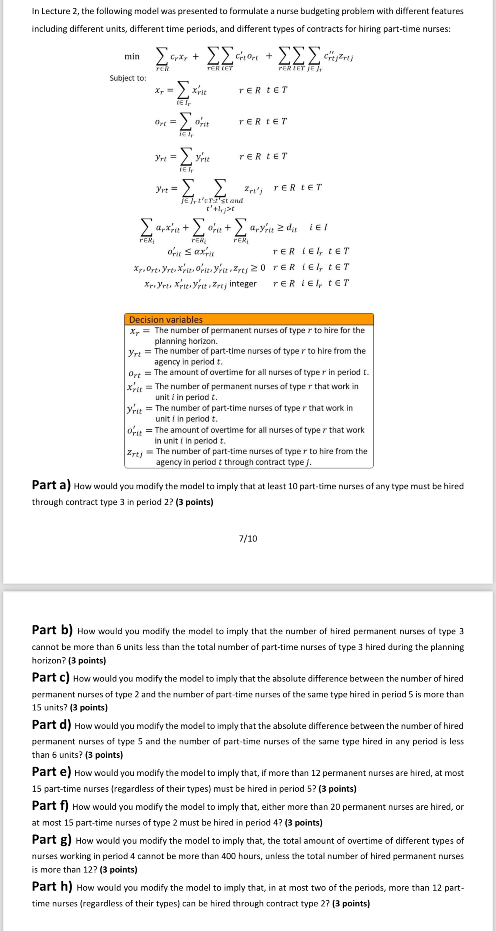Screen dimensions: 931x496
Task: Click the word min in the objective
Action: [132, 56]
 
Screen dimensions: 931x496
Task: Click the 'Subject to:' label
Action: [128, 78]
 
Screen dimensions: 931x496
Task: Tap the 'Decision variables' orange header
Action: [166, 320]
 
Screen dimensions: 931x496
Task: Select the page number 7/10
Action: [248, 538]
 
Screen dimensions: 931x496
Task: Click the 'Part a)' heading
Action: [51, 485]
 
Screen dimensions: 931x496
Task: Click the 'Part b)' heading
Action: [52, 630]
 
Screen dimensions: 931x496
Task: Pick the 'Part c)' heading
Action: [50, 678]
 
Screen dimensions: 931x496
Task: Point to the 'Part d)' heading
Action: [52, 725]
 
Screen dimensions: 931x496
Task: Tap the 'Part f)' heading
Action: [50, 806]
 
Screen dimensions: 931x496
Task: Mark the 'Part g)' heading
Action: [52, 840]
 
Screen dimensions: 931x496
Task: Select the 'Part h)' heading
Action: [52, 887]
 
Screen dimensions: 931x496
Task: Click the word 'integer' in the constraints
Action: [243, 284]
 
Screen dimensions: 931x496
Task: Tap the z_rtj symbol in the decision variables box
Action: [135, 453]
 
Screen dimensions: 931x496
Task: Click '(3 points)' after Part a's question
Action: [194, 502]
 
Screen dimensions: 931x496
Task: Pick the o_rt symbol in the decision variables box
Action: [134, 374]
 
